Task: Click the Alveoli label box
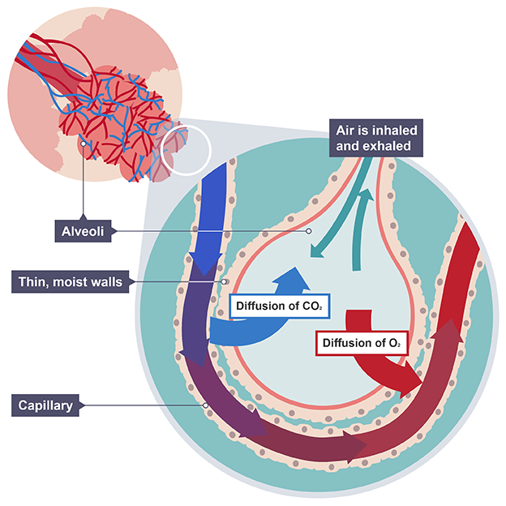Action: (x=84, y=231)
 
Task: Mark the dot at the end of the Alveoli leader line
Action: (x=309, y=231)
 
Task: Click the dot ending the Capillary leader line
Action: (x=206, y=404)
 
